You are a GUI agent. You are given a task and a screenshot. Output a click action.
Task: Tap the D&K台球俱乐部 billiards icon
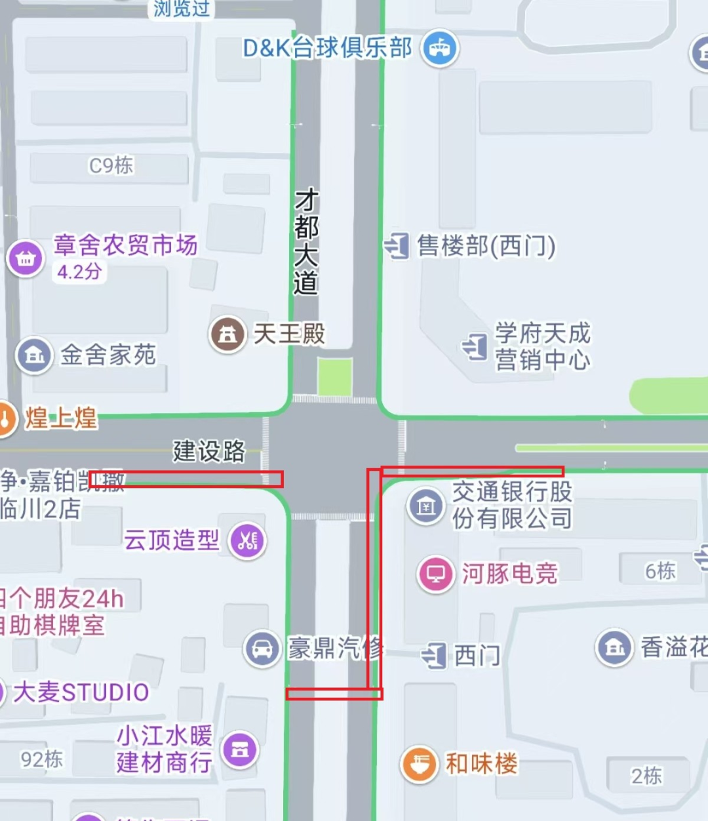[439, 49]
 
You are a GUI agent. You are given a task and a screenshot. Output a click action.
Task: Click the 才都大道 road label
[306, 241]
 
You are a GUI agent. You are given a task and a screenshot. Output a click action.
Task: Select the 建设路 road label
[209, 451]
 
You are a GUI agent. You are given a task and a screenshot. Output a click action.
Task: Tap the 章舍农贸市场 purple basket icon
[26, 258]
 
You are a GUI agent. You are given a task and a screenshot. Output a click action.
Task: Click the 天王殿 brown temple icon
[227, 334]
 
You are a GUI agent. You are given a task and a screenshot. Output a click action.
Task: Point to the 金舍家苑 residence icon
[34, 356]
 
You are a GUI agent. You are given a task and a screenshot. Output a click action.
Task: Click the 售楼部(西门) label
[486, 247]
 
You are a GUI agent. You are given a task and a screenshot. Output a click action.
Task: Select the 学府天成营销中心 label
[542, 346]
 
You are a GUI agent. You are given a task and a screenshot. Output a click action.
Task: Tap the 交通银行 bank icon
[426, 506]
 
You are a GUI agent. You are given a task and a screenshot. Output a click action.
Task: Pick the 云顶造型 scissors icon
[247, 541]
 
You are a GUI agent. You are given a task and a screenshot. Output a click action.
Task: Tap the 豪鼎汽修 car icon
[262, 649]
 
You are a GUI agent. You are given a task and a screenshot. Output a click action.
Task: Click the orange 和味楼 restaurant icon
[419, 764]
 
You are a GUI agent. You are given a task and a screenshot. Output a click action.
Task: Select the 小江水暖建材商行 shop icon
[240, 750]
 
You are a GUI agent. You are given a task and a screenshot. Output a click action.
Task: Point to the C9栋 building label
[111, 165]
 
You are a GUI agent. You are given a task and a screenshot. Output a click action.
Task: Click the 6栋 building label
[659, 571]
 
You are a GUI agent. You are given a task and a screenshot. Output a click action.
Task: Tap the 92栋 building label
[42, 759]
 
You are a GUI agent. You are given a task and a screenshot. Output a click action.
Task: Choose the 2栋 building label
[646, 776]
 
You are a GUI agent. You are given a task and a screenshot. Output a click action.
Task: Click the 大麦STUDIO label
[81, 692]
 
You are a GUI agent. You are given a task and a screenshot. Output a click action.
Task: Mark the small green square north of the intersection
[335, 377]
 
